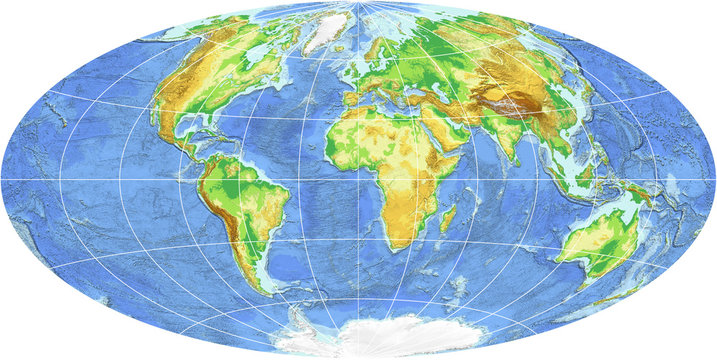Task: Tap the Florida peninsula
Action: [x=219, y=127]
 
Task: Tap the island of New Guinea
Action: [x=649, y=195]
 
